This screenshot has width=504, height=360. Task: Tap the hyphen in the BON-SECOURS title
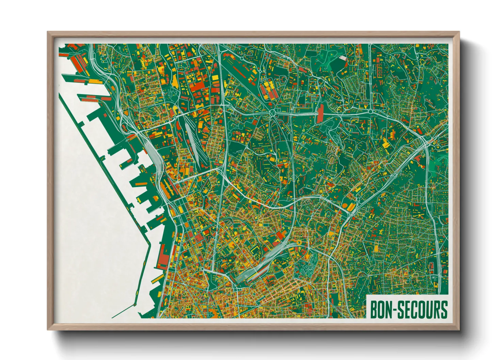[394, 310]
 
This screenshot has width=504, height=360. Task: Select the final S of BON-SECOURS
[443, 309]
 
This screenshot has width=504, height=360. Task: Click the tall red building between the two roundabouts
[320, 114]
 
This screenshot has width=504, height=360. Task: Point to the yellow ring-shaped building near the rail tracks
[299, 242]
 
